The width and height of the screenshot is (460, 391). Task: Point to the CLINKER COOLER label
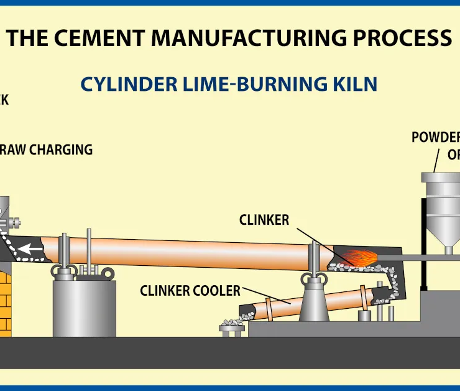pos(190,290)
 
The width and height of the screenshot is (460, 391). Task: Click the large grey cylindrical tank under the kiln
pos(84,309)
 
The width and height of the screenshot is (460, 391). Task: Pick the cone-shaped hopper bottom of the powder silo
pos(448,230)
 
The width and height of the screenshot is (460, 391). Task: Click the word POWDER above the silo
pos(435,137)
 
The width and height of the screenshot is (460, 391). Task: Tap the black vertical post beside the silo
pos(424,243)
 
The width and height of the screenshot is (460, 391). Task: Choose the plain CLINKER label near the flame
pos(264,220)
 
